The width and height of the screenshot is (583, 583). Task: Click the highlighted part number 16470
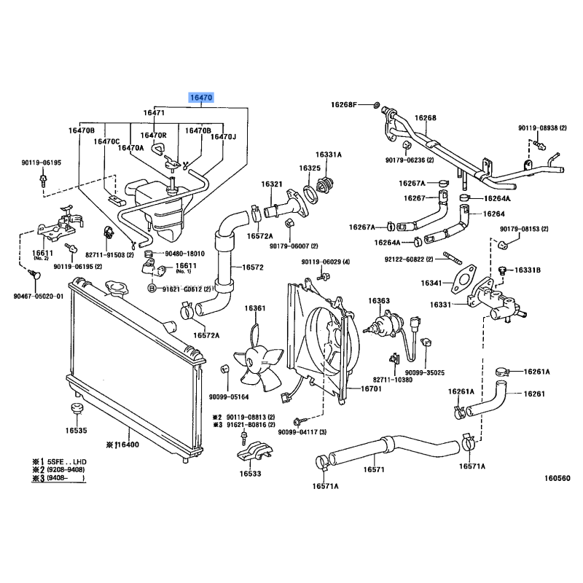201,97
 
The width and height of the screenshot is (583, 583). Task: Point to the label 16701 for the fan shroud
371,390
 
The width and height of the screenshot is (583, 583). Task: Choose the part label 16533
251,472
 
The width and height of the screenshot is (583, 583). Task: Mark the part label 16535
76,431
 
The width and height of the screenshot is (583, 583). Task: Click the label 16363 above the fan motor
379,301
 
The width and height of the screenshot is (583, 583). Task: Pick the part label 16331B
527,270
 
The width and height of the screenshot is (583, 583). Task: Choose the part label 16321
272,184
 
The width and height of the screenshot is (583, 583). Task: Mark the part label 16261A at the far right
536,372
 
